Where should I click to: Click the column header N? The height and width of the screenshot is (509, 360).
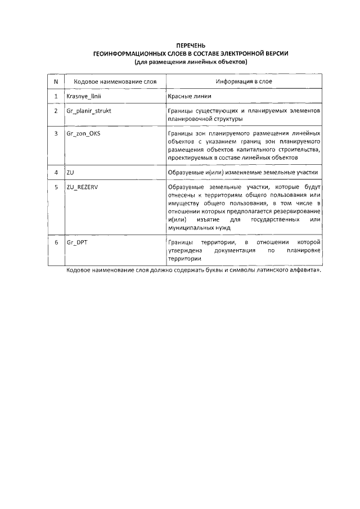click(x=56, y=82)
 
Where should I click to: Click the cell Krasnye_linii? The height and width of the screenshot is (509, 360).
click(x=83, y=97)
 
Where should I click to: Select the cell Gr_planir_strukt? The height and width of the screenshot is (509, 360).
click(x=88, y=111)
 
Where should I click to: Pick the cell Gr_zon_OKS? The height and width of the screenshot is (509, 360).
click(x=83, y=134)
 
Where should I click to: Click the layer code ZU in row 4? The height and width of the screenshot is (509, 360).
click(x=70, y=172)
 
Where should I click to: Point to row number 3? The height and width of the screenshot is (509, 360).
click(x=56, y=134)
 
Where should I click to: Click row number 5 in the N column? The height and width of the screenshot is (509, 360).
click(x=56, y=187)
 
